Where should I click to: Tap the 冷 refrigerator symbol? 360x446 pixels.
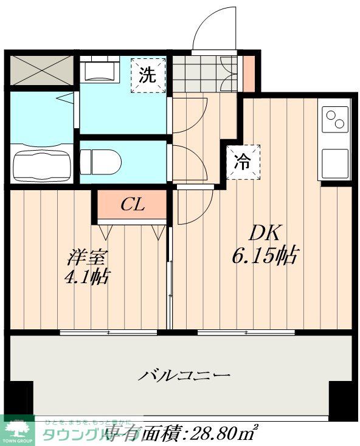(x=243, y=162)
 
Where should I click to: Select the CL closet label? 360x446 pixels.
(x=132, y=205)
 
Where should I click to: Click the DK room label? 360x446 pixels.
(x=263, y=233)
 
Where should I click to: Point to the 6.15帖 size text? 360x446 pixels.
(x=263, y=256)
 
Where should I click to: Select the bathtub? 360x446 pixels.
(x=40, y=163)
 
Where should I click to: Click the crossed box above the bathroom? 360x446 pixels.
(x=41, y=70)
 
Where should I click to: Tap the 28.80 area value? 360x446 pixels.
(x=213, y=434)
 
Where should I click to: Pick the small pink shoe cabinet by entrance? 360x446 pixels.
(x=249, y=74)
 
